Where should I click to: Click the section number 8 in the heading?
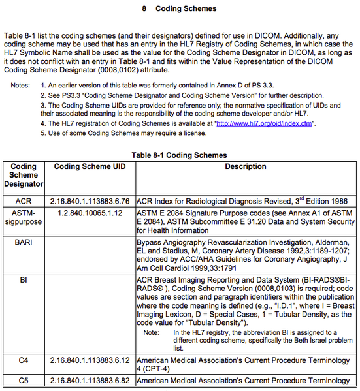click(x=144, y=9)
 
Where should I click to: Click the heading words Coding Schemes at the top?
click(x=186, y=9)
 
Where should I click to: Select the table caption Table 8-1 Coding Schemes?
click(x=179, y=155)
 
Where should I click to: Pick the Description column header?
click(x=245, y=166)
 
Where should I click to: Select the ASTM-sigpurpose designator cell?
click(x=24, y=218)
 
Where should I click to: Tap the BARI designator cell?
click(x=24, y=242)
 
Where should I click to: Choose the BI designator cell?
click(x=24, y=279)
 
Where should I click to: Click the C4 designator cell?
click(x=24, y=360)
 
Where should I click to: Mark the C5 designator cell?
click(x=24, y=380)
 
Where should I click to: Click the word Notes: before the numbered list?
click(x=20, y=86)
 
